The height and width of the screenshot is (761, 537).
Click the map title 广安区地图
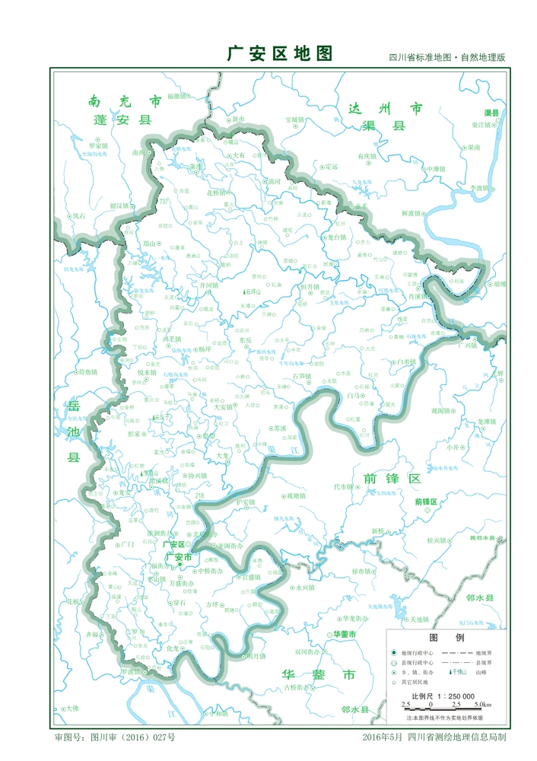click(x=280, y=53)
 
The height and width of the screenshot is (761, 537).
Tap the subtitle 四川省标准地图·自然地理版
click(x=446, y=58)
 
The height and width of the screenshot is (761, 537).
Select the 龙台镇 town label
click(x=335, y=237)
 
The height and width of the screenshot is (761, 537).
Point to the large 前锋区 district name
click(x=392, y=478)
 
